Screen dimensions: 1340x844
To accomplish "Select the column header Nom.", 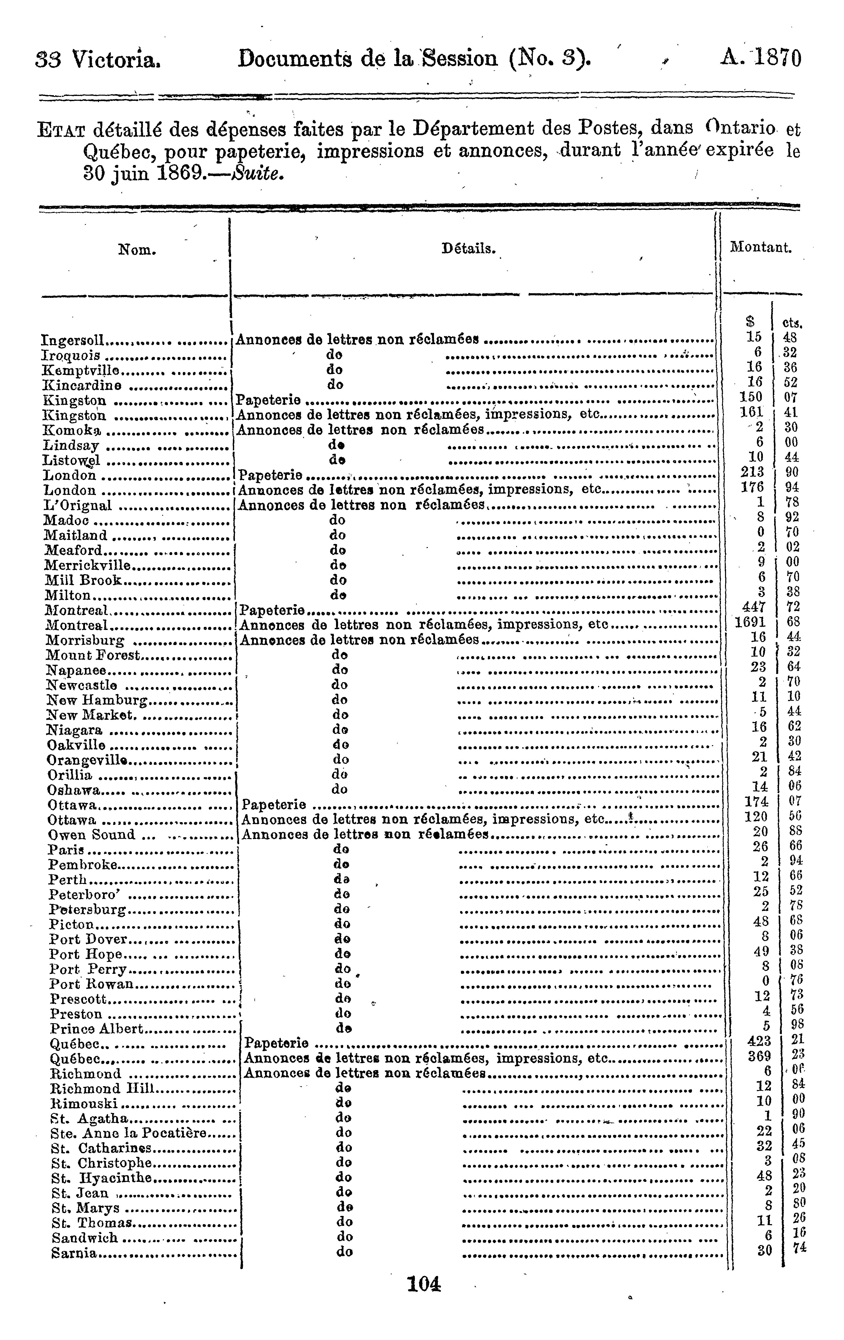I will point(137,250).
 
